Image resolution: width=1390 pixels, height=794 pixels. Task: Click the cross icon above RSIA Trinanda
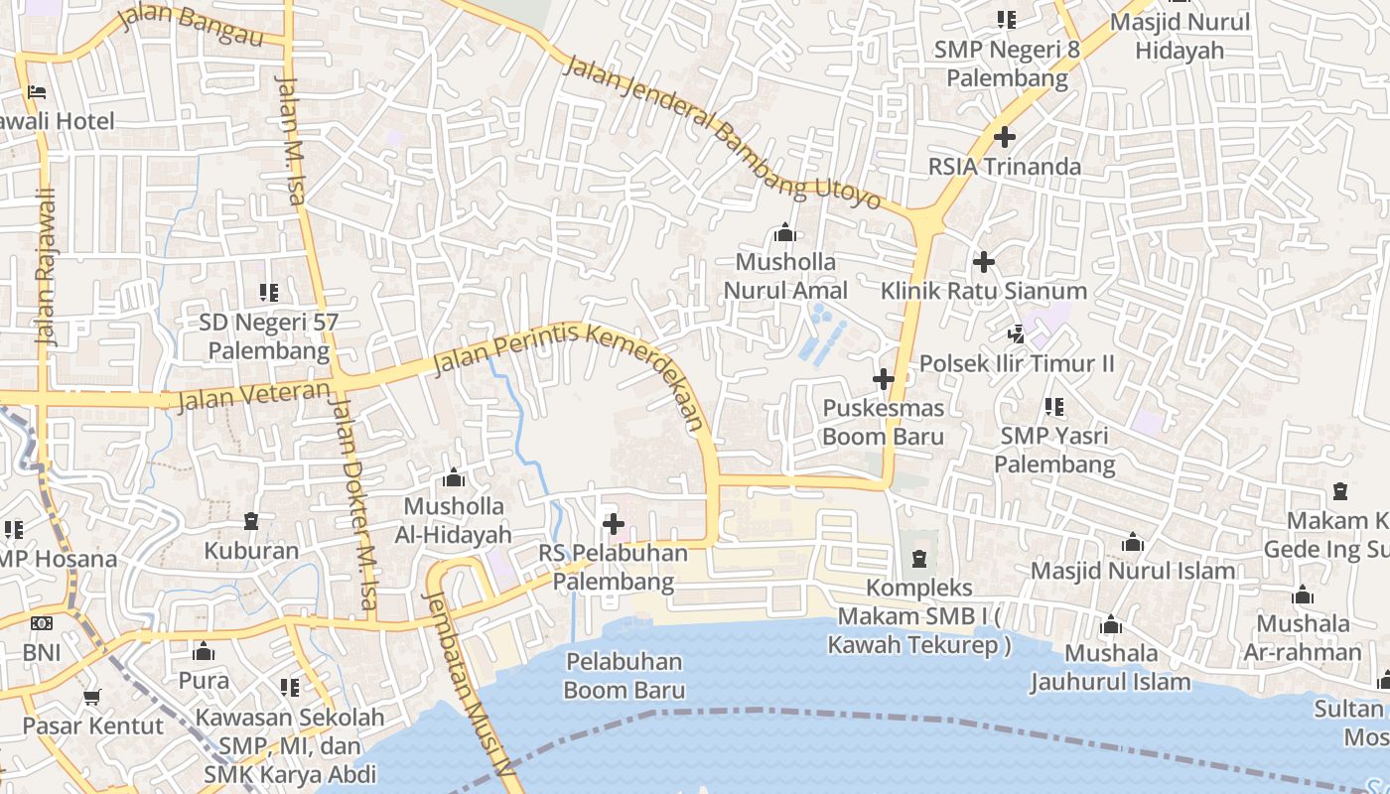[1005, 137]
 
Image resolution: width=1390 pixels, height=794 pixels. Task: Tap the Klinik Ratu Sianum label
[984, 291]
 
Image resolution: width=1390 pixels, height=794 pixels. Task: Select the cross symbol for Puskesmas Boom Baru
[883, 379]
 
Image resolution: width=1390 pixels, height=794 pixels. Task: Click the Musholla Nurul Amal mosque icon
[785, 233]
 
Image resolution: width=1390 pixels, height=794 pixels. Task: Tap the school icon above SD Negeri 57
[269, 293]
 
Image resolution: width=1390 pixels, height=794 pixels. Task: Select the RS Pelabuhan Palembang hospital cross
[614, 523]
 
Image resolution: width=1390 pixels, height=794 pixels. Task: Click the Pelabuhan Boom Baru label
[625, 675]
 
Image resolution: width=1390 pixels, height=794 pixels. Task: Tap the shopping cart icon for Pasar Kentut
[92, 698]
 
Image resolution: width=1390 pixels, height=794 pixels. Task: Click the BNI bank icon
[41, 623]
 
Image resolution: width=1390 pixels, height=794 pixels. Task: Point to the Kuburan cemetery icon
[251, 521]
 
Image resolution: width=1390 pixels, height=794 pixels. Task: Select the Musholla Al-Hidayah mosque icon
[454, 477]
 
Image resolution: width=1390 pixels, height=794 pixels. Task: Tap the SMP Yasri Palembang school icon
[1054, 407]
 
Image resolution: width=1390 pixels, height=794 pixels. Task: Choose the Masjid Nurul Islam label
[1133, 571]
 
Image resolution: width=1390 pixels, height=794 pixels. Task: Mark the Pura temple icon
[204, 651]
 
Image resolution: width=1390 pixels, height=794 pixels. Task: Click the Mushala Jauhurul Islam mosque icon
[1111, 625]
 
